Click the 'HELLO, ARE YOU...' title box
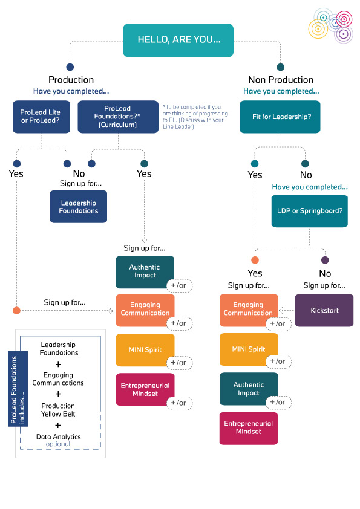click(x=178, y=40)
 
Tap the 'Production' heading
click(x=71, y=80)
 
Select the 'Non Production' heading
click(x=281, y=80)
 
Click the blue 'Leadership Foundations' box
click(x=79, y=207)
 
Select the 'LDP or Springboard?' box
click(x=309, y=211)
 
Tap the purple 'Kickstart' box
click(x=324, y=310)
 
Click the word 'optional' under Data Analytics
click(x=58, y=444)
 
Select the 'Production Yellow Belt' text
click(x=58, y=409)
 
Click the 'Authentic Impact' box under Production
click(x=145, y=271)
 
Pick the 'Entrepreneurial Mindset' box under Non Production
click(x=249, y=427)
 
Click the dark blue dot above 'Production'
click(x=70, y=67)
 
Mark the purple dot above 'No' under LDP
click(x=325, y=260)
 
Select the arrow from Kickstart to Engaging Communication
click(x=286, y=310)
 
